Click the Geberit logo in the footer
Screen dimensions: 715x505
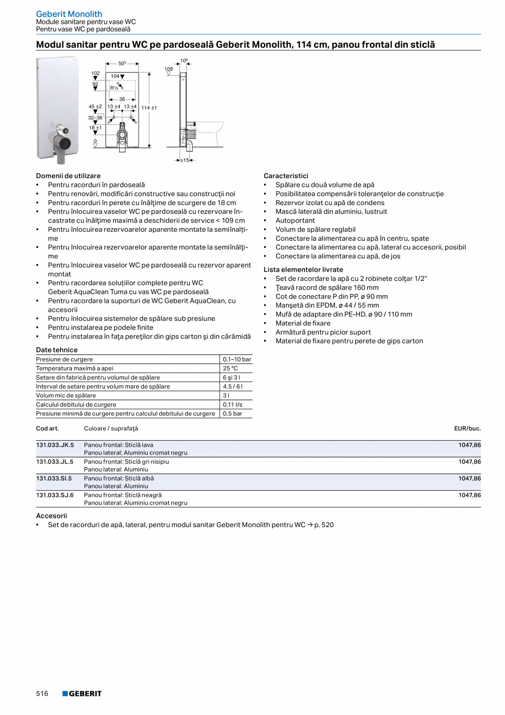click(82, 694)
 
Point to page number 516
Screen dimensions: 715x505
click(42, 694)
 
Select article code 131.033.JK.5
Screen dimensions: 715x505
click(55, 444)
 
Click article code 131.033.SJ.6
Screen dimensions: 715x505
click(55, 495)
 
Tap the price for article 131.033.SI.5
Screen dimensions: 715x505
click(469, 478)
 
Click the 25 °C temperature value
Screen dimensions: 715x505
click(231, 368)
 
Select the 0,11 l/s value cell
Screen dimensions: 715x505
click(233, 404)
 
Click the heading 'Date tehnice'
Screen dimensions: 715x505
click(57, 350)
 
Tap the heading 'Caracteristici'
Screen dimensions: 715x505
click(286, 176)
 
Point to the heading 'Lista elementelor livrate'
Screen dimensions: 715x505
click(303, 270)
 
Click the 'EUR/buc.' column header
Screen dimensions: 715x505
click(467, 428)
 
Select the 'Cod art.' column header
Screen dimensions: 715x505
click(48, 428)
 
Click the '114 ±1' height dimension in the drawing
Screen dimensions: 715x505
click(149, 108)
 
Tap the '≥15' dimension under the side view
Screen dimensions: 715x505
click(185, 160)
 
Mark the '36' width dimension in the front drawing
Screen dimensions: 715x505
click(122, 99)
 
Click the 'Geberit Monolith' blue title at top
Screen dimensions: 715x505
click(69, 14)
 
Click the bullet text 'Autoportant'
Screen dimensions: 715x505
click(295, 220)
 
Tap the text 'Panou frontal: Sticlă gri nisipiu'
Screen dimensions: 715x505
click(126, 462)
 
